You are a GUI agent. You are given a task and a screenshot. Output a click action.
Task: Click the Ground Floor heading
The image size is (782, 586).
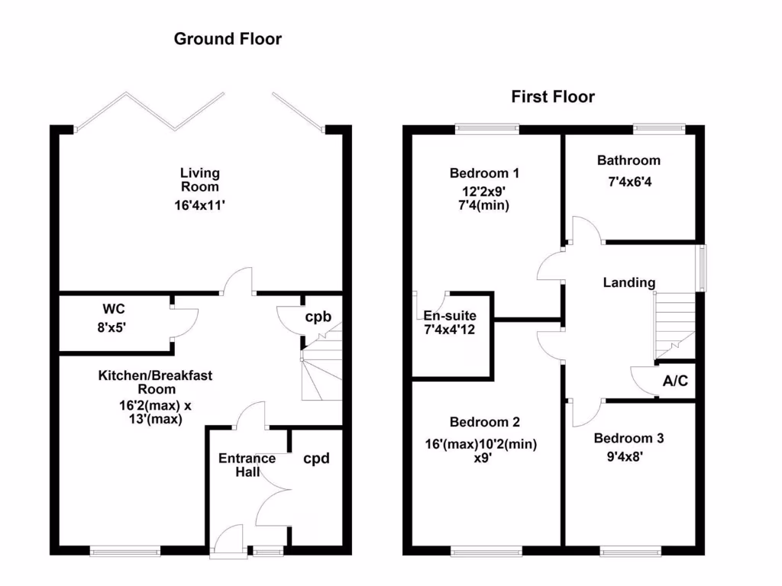pos(228,38)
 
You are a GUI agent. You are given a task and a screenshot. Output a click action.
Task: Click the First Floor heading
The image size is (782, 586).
pos(553,97)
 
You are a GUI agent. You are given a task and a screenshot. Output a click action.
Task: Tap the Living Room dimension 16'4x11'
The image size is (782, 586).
pos(199,204)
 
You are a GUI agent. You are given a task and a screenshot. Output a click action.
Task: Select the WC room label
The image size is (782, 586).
pos(114,310)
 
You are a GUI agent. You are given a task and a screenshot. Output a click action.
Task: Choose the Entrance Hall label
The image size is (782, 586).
pos(247,465)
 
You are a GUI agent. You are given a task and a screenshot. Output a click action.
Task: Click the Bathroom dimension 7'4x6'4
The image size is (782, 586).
pos(629,183)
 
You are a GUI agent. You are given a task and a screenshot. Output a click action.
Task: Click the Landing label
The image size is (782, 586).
pos(629,282)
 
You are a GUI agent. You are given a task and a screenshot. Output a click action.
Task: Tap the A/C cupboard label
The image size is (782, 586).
pos(676,381)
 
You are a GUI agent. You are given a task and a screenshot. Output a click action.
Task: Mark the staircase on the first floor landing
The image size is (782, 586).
pos(674,327)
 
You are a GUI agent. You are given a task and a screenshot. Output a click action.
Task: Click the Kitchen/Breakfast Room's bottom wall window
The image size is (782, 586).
pos(125,550)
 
